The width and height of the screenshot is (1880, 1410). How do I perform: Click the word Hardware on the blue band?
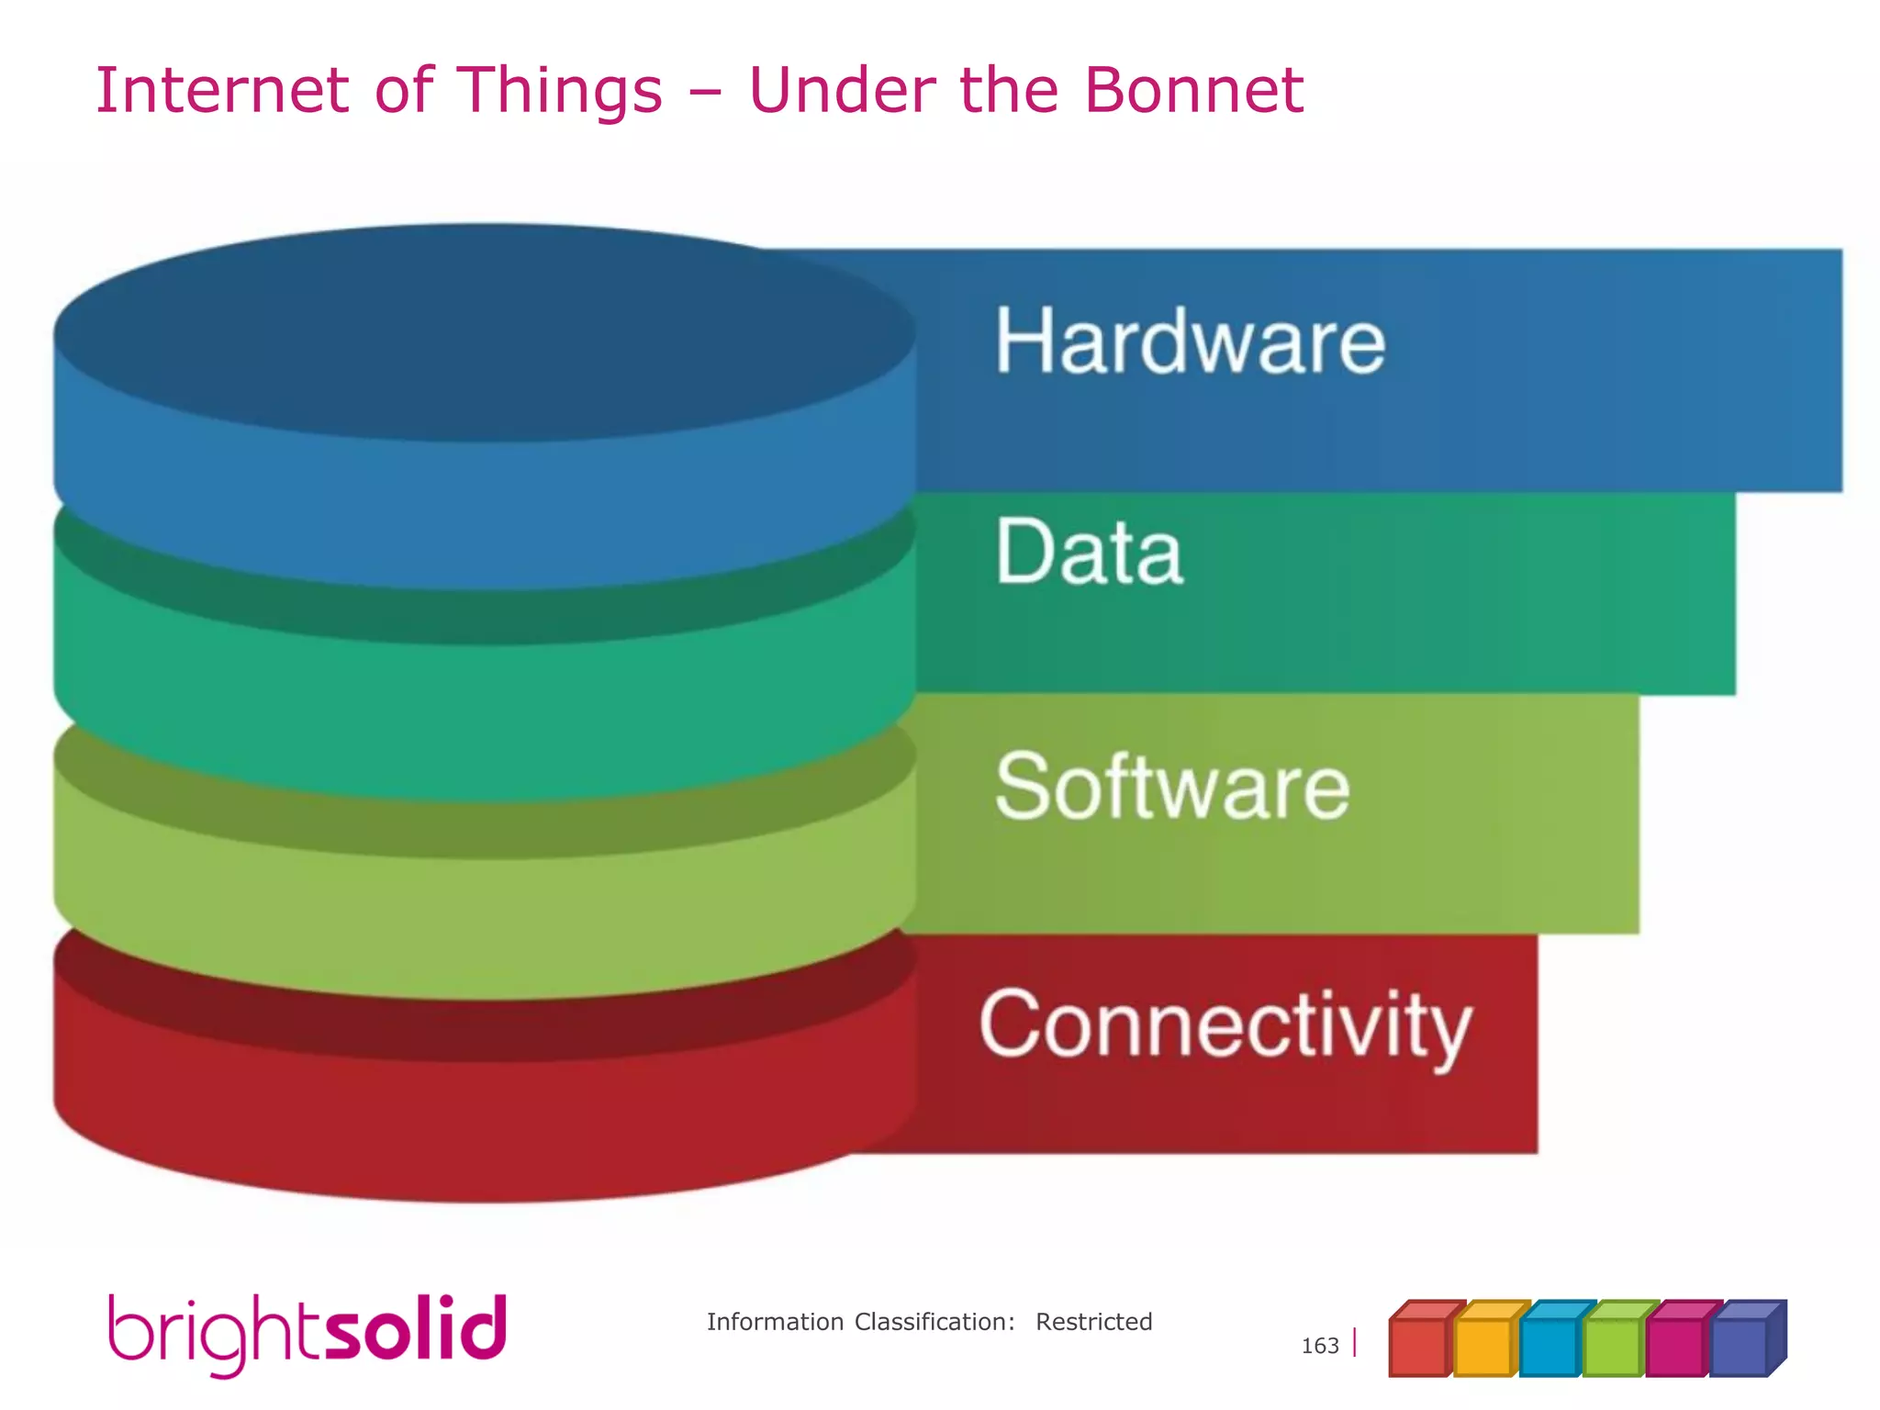coord(1190,341)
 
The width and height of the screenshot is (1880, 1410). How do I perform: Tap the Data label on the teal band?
coord(1089,552)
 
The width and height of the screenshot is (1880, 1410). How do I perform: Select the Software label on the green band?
coord(1172,787)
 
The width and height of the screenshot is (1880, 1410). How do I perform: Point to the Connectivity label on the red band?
coord(1225,1025)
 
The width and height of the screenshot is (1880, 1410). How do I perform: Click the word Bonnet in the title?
coord(1193,90)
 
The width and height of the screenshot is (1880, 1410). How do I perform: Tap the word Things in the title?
coord(560,92)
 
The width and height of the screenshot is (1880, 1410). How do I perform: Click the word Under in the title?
coord(842,90)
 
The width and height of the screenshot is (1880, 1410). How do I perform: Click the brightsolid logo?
coord(308,1333)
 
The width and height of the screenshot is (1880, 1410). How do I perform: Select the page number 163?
coord(1319,1346)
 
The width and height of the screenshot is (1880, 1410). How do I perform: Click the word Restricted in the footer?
coord(1093,1322)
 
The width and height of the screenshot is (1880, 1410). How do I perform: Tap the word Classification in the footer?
coord(934,1322)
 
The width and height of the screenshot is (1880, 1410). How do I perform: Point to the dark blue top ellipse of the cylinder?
coord(484,332)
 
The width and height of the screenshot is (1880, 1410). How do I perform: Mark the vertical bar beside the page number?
coord(1355,1344)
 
